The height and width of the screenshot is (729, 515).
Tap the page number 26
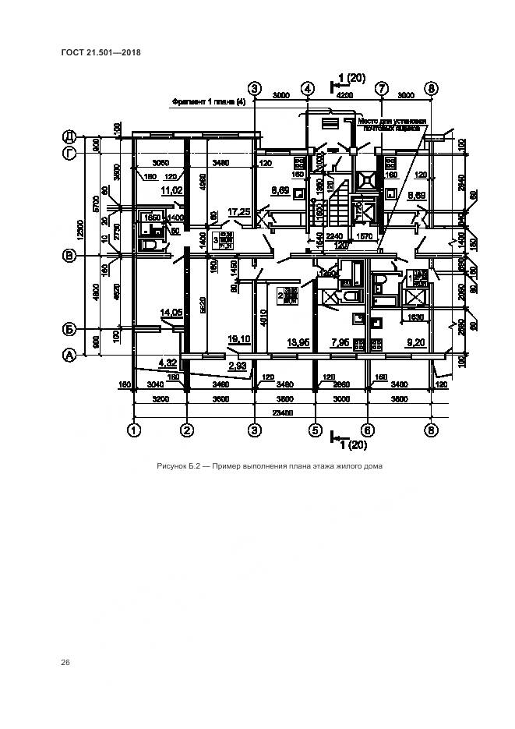pyautogui.click(x=65, y=662)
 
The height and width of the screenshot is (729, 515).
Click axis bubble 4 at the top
pyautogui.click(x=308, y=88)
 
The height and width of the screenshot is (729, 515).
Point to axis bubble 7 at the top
pyautogui.click(x=381, y=88)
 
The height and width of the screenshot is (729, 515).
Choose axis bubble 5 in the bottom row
pyautogui.click(x=316, y=429)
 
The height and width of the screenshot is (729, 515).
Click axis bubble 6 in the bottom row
pyautogui.click(x=369, y=429)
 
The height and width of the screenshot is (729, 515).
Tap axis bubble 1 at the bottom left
pyautogui.click(x=134, y=429)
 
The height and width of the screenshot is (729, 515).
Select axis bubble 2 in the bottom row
pyautogui.click(x=187, y=429)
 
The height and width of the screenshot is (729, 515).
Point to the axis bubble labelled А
pyautogui.click(x=69, y=355)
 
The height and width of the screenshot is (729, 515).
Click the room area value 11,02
pyautogui.click(x=171, y=189)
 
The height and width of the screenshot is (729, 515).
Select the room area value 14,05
pyautogui.click(x=171, y=313)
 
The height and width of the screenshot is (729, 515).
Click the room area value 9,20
pyautogui.click(x=415, y=342)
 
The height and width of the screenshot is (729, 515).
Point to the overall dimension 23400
pyautogui.click(x=282, y=413)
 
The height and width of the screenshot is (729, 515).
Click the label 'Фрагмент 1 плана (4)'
pyautogui.click(x=208, y=102)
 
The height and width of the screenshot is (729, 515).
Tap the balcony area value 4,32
pyautogui.click(x=168, y=362)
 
